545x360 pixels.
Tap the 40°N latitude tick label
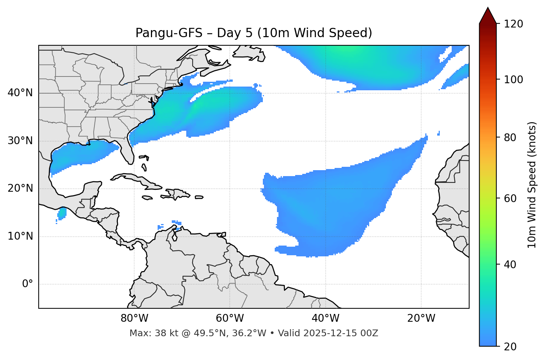pos(20,93)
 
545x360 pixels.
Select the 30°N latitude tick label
pos(20,141)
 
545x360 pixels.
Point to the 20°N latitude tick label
pos(20,188)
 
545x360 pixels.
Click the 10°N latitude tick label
pos(20,236)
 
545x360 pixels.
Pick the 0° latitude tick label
pos(28,284)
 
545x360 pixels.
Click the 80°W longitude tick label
pos(134,318)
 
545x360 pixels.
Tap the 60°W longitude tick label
pos(230,318)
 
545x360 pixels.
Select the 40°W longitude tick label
pos(326,318)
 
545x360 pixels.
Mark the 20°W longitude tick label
pos(421,318)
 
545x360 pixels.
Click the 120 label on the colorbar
pos(513,24)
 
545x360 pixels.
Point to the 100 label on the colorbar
pos(513,80)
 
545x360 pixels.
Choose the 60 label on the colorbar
pos(511,198)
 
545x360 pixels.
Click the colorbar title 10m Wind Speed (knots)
pos(532,185)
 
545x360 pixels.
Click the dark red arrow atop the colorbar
pos(488,16)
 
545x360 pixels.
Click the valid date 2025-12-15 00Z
pos(341,333)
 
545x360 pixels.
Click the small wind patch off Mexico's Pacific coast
pos(62,213)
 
